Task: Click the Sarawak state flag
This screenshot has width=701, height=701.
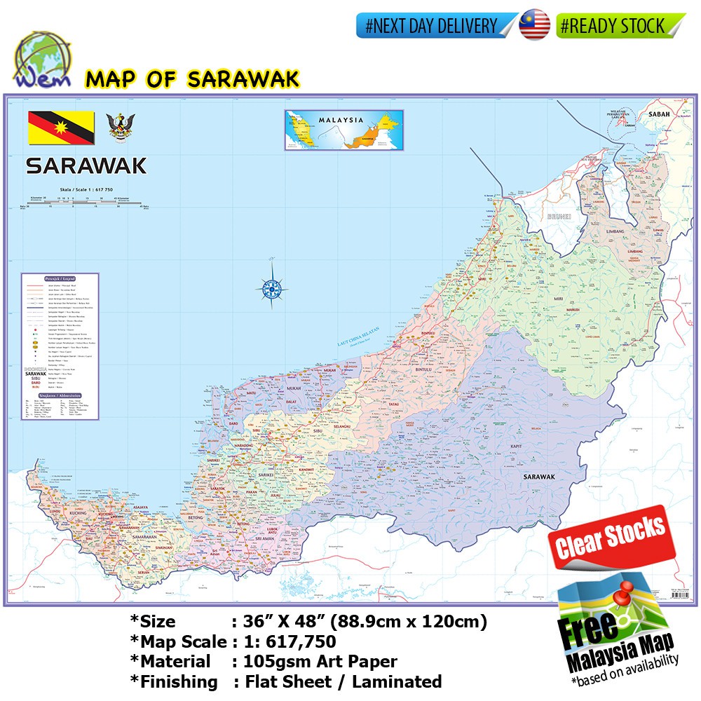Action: [x=61, y=128]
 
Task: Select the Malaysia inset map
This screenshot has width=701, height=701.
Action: [x=344, y=130]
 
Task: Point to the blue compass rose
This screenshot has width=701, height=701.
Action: [x=271, y=285]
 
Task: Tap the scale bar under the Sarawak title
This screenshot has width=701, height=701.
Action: [x=86, y=204]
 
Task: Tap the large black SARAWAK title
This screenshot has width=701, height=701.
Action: [x=86, y=165]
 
